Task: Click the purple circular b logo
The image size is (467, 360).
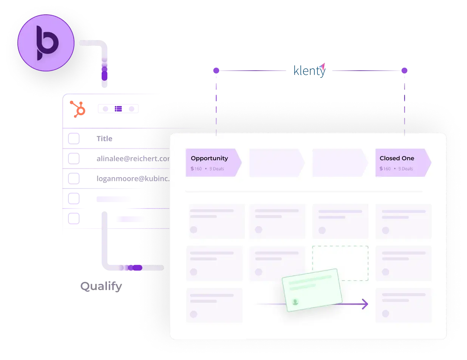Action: (x=46, y=43)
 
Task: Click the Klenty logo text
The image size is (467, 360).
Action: (x=309, y=70)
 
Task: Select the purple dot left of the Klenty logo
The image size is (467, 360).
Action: (x=216, y=71)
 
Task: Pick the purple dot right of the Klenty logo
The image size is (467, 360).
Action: (x=404, y=71)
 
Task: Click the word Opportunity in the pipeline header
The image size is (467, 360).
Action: (x=209, y=158)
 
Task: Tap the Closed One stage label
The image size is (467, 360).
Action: (x=397, y=158)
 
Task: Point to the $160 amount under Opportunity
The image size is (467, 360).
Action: (x=196, y=169)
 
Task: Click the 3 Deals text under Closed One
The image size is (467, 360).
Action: (x=405, y=169)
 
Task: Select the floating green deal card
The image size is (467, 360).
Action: (x=312, y=290)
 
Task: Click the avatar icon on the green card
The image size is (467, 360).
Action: (x=295, y=301)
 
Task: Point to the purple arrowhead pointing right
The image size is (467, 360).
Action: (x=364, y=304)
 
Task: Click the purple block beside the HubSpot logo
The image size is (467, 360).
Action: (x=119, y=109)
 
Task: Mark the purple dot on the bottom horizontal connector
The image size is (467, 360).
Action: (x=137, y=268)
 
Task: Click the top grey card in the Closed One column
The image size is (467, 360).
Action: (x=403, y=221)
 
